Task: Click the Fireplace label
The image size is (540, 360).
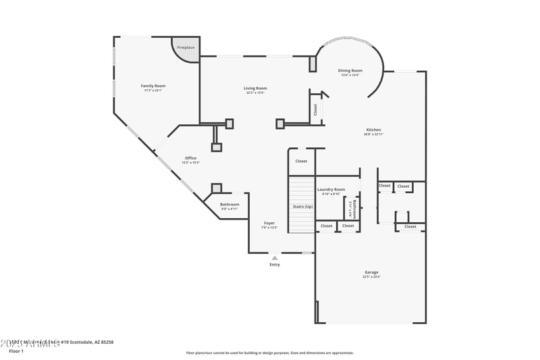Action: (x=186, y=48)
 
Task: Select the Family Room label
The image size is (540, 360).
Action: (x=153, y=86)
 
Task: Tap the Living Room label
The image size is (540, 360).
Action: (x=255, y=88)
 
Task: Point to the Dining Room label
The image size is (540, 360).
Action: (x=350, y=70)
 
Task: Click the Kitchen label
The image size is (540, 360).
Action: (x=373, y=130)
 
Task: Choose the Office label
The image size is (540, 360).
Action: (x=191, y=158)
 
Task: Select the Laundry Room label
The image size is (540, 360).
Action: (x=331, y=189)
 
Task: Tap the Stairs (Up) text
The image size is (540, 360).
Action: (x=302, y=207)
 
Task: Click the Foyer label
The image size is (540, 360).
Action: (x=269, y=223)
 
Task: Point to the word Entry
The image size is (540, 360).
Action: (x=275, y=264)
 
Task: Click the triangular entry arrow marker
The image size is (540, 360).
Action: (x=275, y=257)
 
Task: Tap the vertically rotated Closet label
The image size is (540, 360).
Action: (x=315, y=109)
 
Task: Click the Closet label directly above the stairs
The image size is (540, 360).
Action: (x=301, y=161)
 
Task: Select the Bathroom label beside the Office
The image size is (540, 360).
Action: (x=230, y=204)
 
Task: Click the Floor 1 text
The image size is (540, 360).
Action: (x=16, y=351)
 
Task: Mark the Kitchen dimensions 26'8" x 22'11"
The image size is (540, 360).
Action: (x=373, y=134)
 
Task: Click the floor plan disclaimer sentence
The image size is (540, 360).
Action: (x=270, y=353)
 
